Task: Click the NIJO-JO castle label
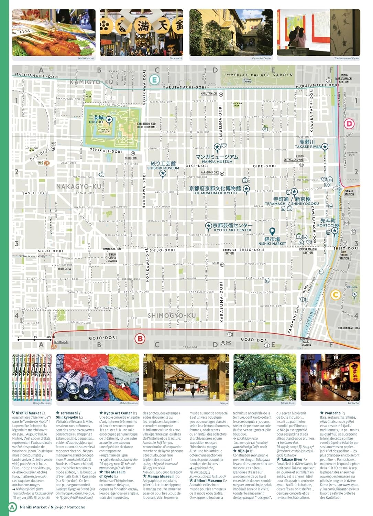(x=96, y=122)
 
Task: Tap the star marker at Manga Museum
(x=217, y=148)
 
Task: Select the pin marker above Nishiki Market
(x=272, y=231)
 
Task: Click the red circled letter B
(x=140, y=338)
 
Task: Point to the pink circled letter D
(x=349, y=123)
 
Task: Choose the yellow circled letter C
(x=335, y=294)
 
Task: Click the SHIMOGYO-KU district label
(x=172, y=315)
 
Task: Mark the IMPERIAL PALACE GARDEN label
(x=259, y=75)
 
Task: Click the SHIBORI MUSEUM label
(x=163, y=168)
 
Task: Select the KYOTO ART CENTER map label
(x=233, y=230)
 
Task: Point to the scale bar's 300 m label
(x=48, y=337)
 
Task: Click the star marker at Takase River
(x=325, y=147)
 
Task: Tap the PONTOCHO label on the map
(x=328, y=225)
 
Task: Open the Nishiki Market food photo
(x=54, y=32)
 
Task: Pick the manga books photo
(x=32, y=377)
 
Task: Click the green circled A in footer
(x=12, y=507)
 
